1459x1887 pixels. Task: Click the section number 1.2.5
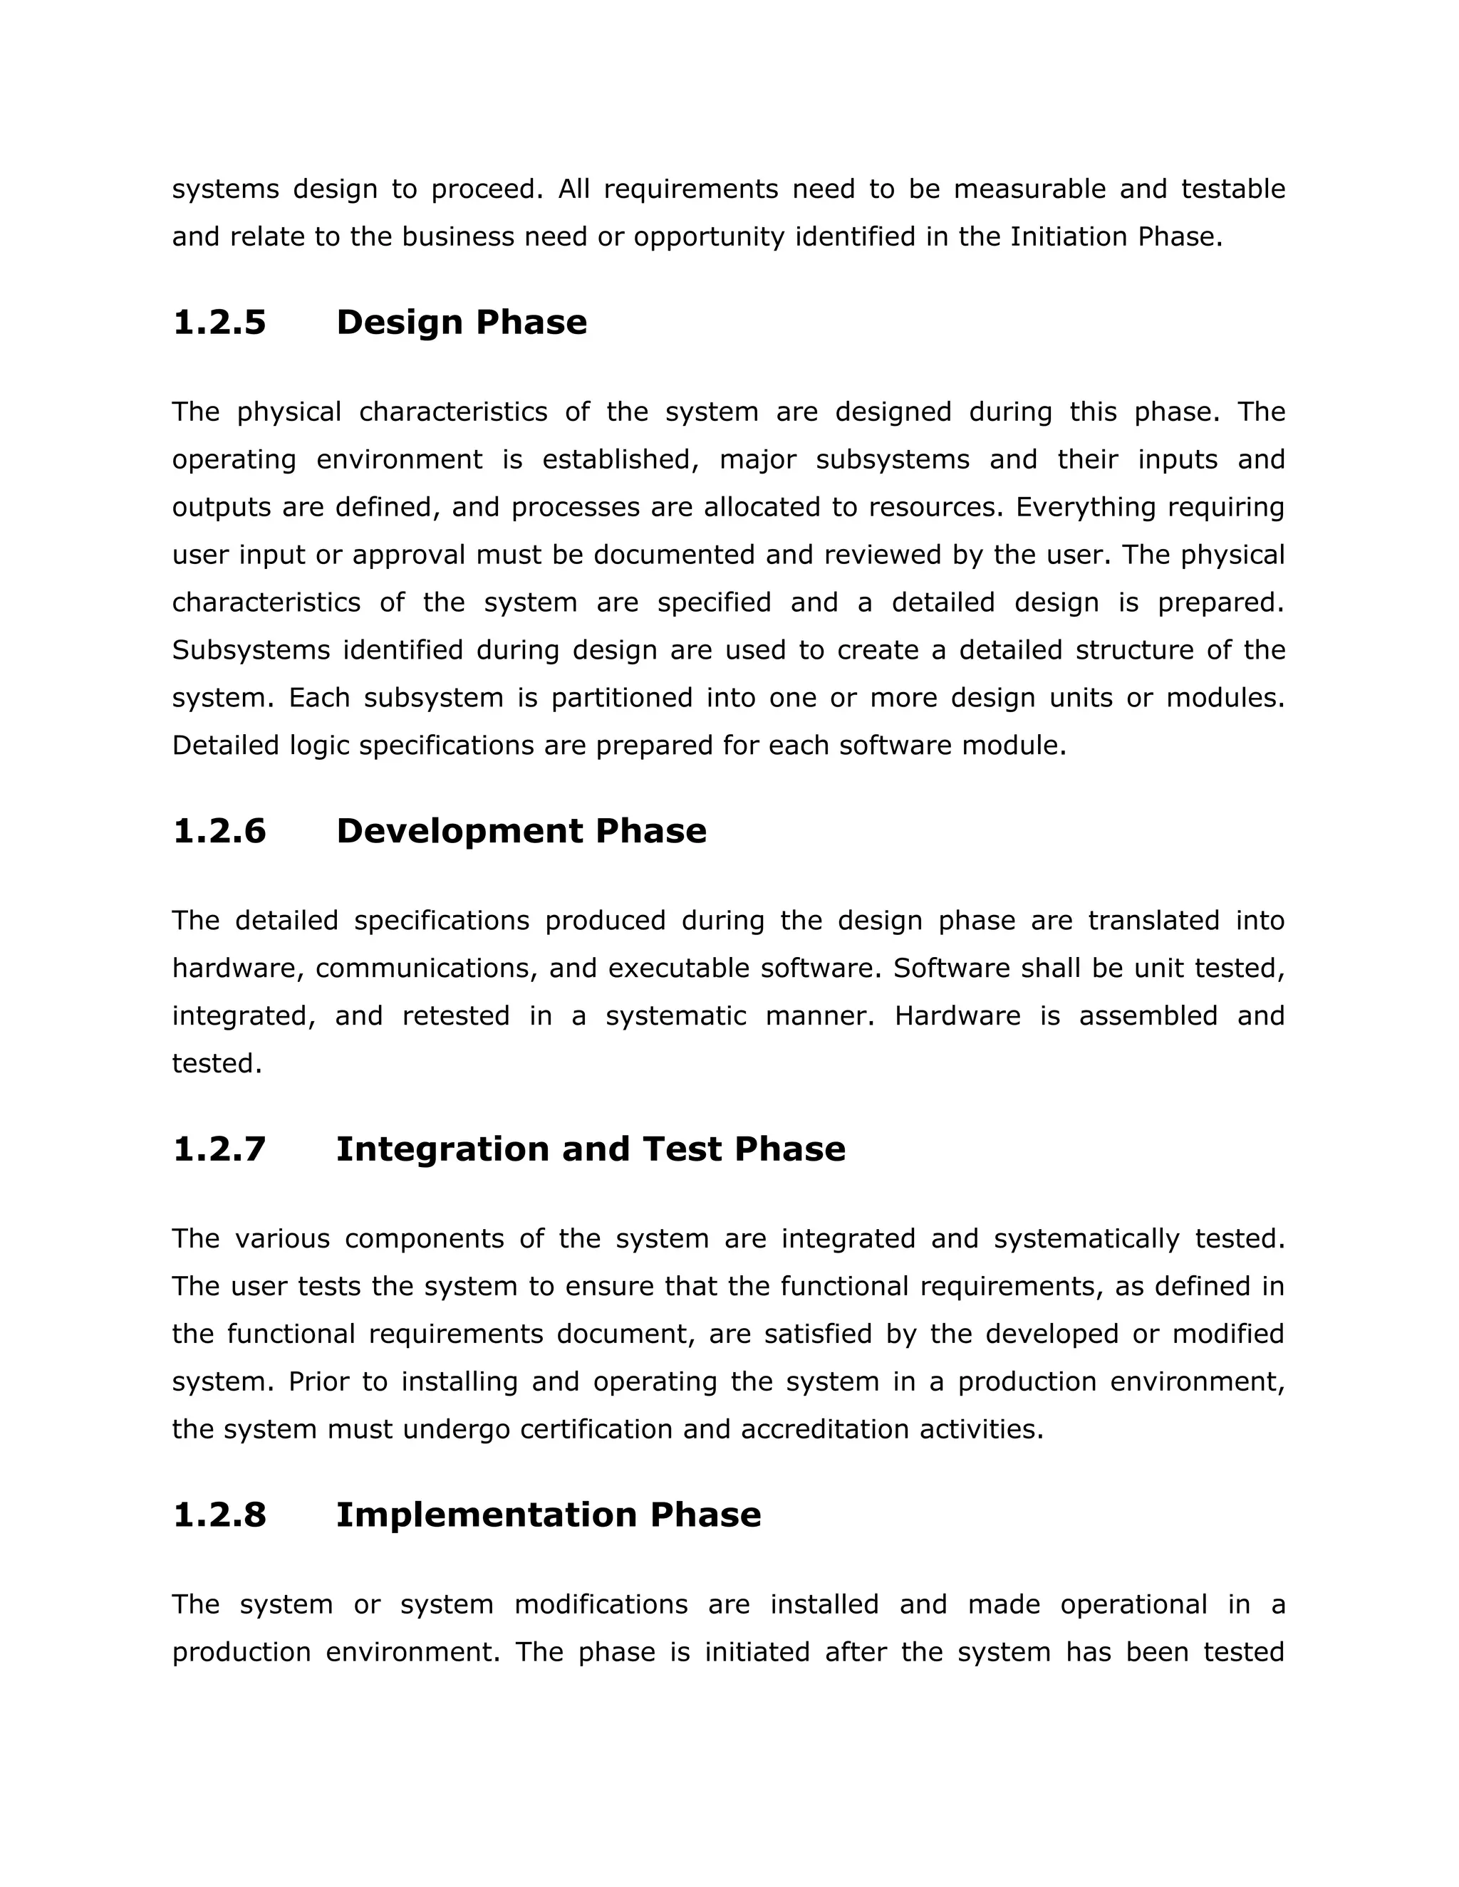pos(219,323)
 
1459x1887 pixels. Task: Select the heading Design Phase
pos(461,323)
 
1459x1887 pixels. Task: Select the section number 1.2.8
pos(219,1515)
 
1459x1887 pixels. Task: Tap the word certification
pos(596,1429)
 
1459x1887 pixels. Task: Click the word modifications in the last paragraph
pos(601,1604)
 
